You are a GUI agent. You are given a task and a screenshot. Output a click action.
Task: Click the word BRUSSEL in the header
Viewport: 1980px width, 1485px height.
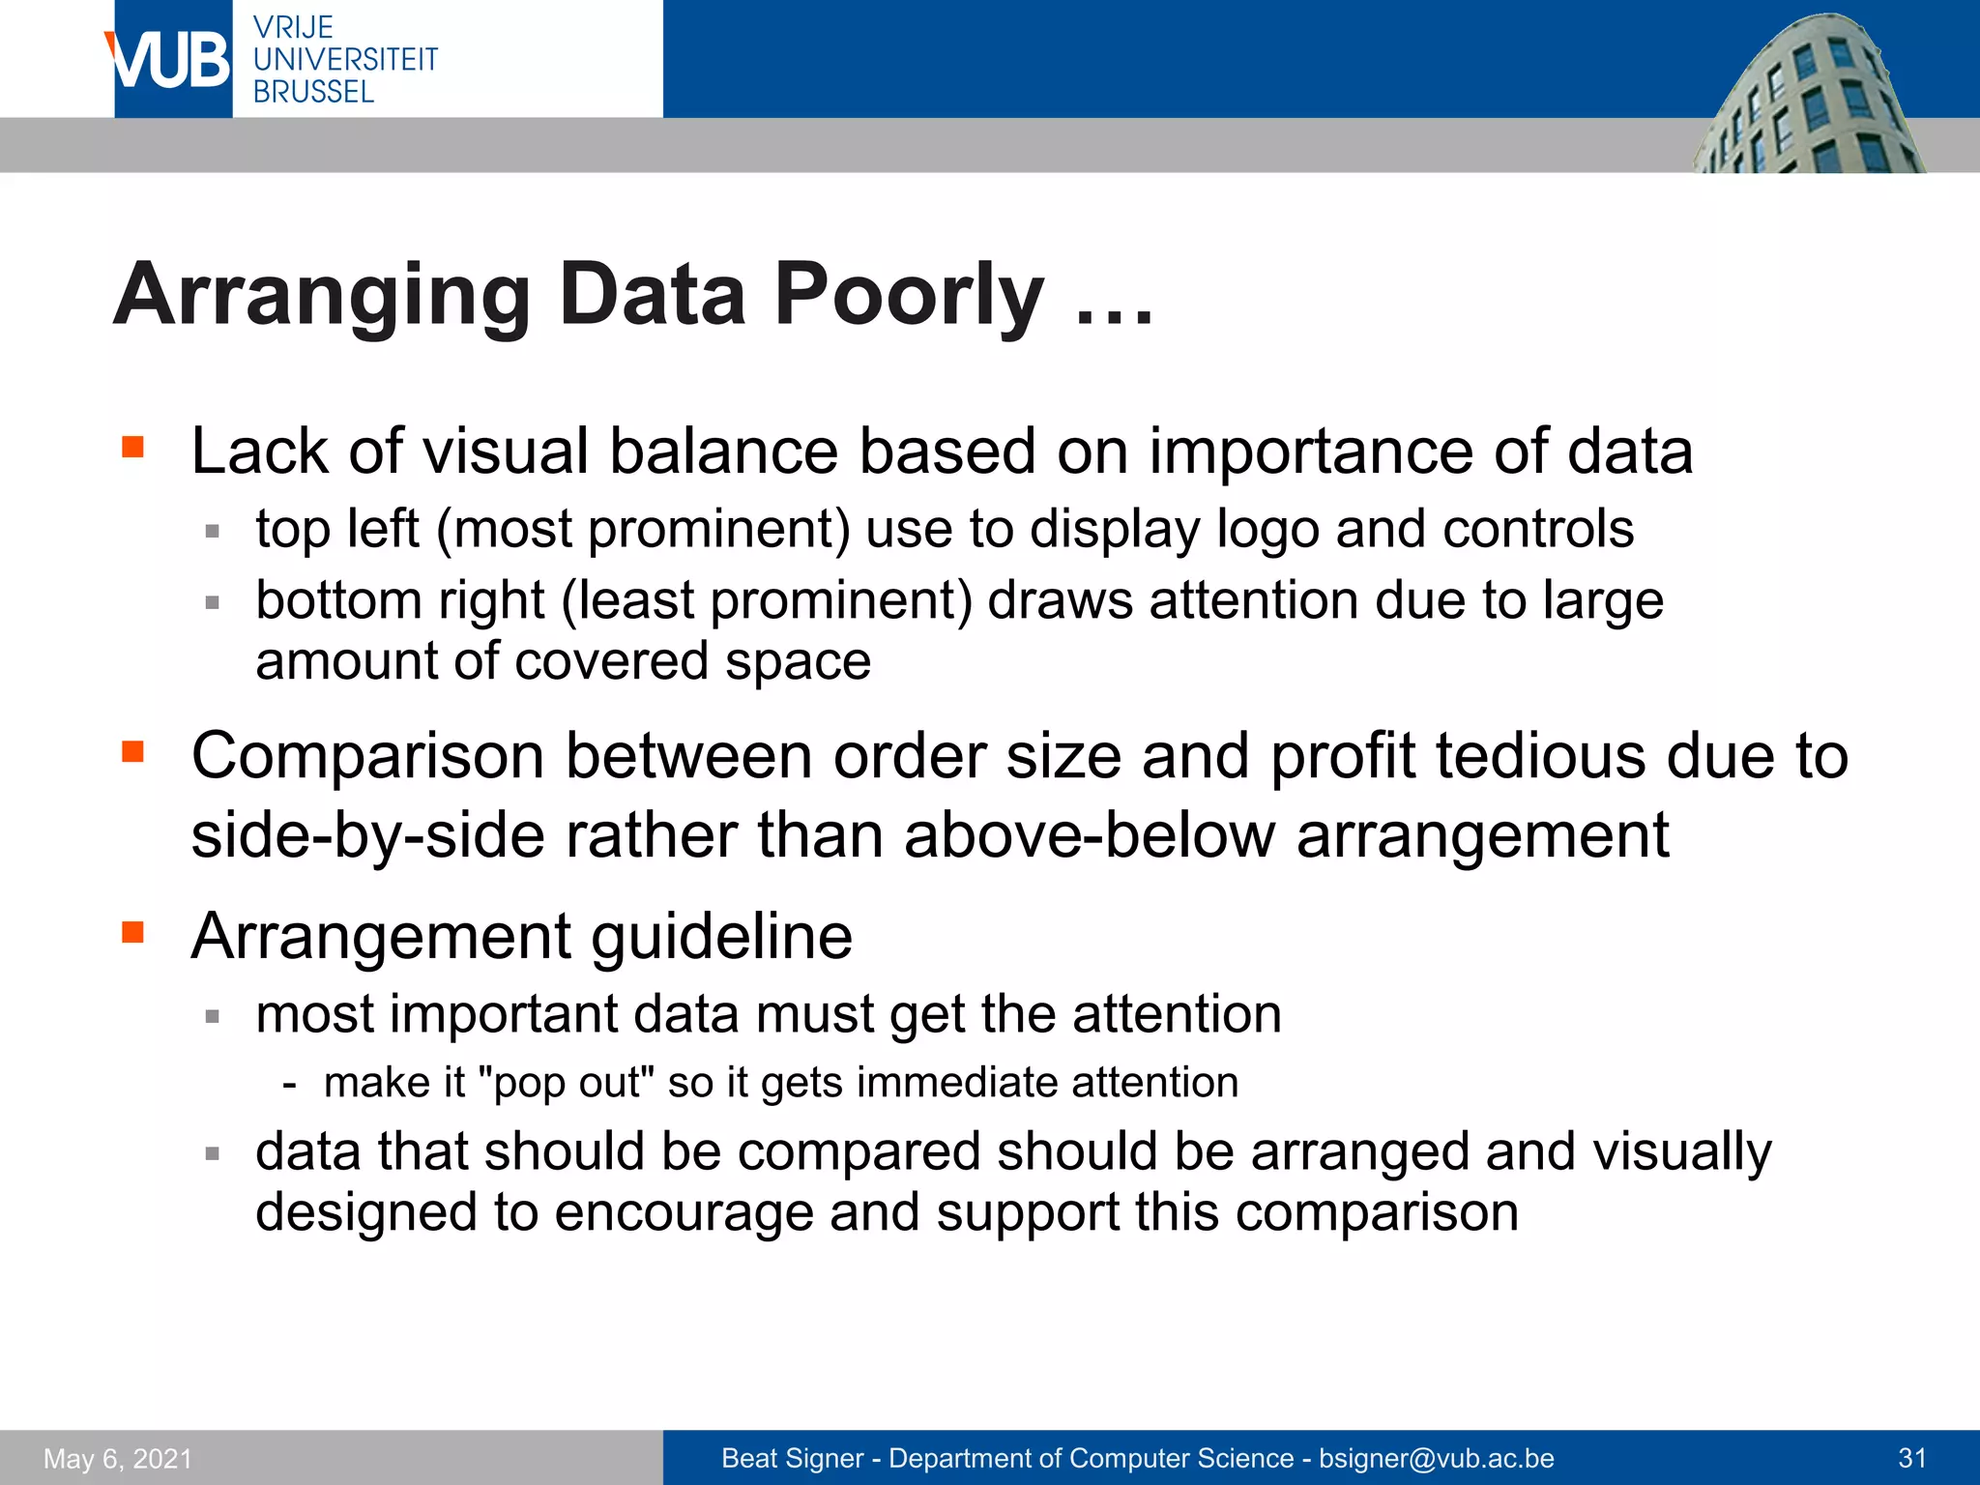point(313,92)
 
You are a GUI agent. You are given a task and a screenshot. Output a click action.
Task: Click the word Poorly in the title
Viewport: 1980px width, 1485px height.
point(909,294)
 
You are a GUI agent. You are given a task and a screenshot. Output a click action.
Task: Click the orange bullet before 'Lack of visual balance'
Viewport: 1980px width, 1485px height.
point(132,447)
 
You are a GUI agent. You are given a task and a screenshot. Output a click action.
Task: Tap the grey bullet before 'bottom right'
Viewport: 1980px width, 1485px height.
point(213,602)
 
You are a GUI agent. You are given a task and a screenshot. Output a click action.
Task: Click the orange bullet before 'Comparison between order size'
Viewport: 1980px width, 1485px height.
point(132,751)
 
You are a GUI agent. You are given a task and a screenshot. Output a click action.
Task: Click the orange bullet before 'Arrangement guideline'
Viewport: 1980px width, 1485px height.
point(132,932)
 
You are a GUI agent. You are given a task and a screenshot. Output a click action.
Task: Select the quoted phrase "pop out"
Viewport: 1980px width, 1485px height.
point(567,1082)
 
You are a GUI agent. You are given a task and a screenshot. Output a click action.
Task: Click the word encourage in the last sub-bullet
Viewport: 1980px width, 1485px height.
point(684,1212)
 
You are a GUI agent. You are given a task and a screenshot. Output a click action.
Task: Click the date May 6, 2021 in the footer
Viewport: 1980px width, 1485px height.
point(118,1458)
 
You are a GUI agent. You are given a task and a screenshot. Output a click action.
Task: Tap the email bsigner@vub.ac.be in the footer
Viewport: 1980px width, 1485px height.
point(1436,1458)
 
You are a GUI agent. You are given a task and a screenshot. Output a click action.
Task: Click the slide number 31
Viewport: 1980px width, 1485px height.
point(1912,1458)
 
